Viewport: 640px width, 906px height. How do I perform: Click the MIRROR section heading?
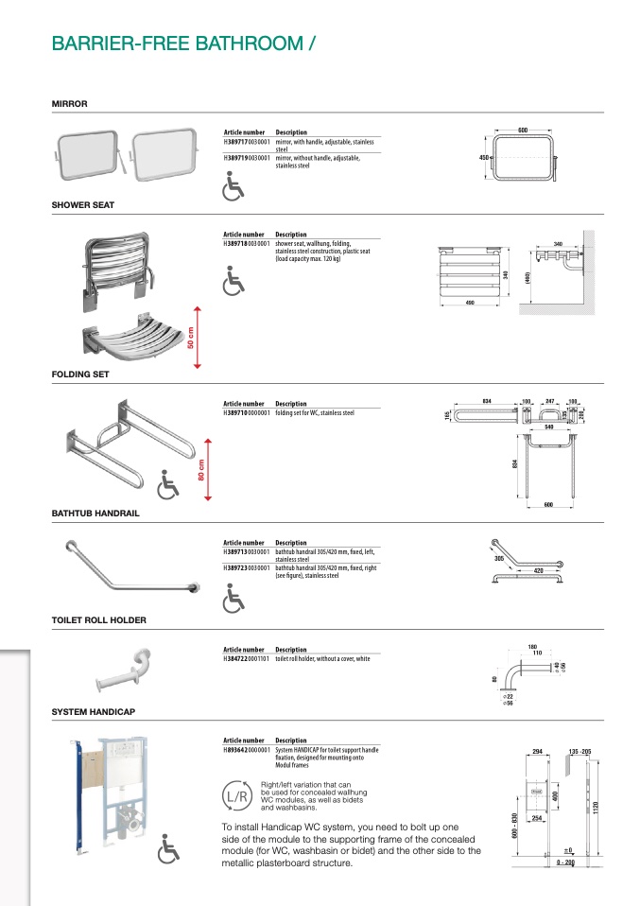coord(69,103)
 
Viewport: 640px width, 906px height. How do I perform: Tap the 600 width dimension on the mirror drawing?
coord(522,130)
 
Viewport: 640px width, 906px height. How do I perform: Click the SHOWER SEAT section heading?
coord(83,204)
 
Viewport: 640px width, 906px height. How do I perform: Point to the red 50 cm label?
coord(190,336)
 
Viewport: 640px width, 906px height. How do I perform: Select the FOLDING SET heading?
coord(80,374)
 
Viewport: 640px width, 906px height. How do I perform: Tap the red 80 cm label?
coord(201,470)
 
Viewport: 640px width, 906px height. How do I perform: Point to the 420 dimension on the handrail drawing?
coord(538,571)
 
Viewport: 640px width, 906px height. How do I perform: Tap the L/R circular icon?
coord(237,796)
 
